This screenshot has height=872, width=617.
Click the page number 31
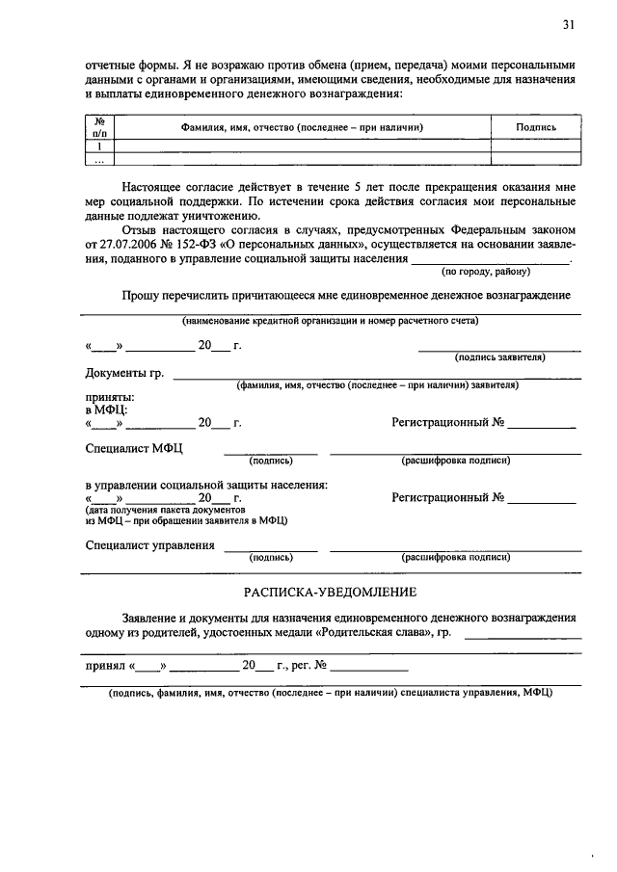(569, 24)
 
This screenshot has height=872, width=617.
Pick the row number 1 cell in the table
(98, 146)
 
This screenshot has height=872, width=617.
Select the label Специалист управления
(149, 545)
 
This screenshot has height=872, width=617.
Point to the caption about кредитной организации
(331, 321)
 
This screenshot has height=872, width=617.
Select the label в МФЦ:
(106, 410)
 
